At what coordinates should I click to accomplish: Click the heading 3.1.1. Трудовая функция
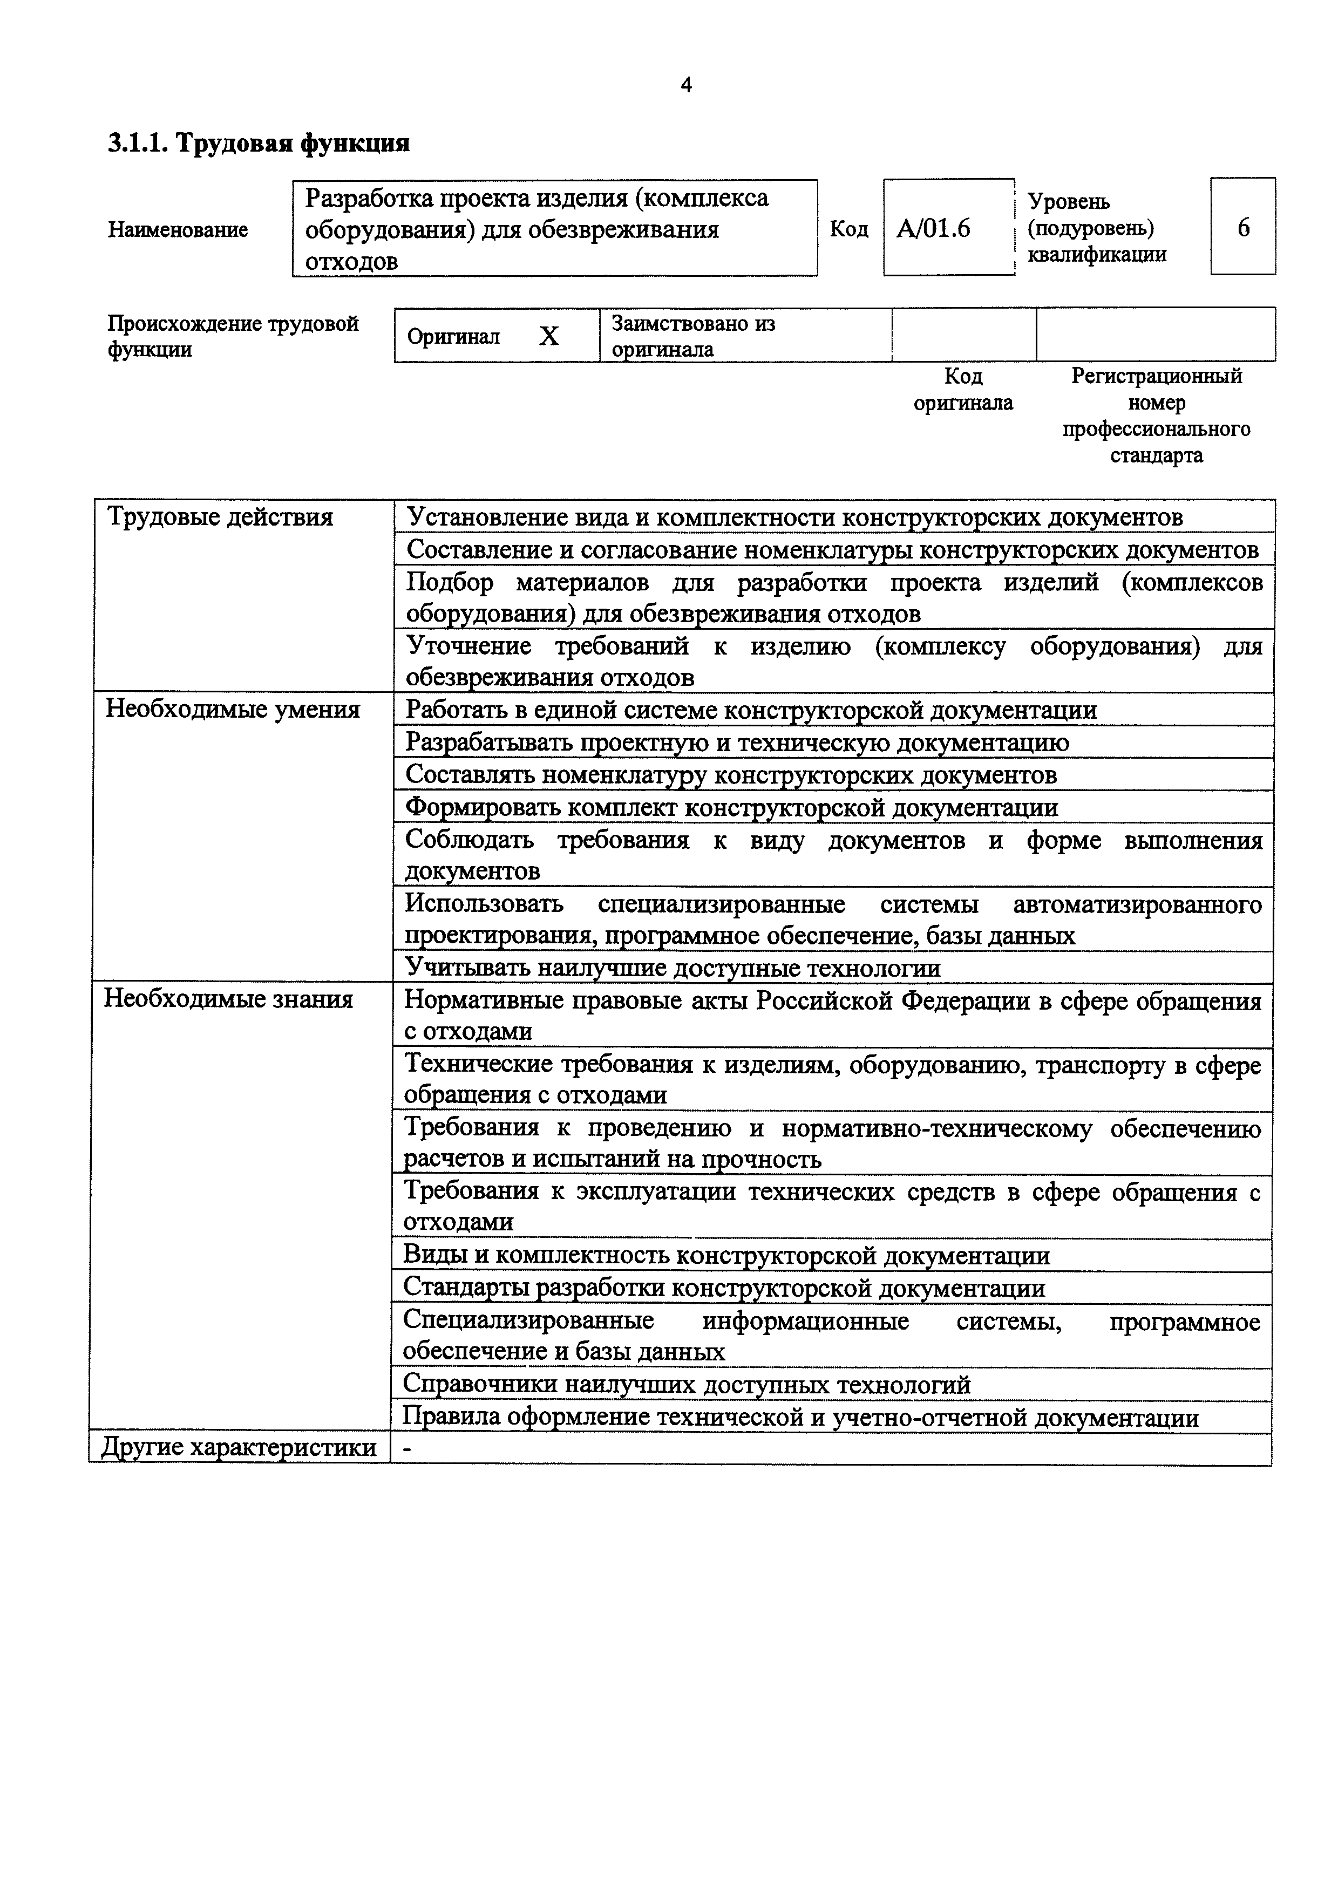(x=259, y=144)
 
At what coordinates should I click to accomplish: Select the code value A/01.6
(x=933, y=228)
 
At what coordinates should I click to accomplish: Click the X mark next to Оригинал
(x=549, y=336)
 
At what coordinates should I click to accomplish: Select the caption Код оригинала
(x=963, y=389)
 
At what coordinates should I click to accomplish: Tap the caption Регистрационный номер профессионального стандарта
(x=1156, y=416)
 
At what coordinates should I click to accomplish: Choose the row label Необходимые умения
(x=233, y=710)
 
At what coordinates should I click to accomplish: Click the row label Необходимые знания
(x=228, y=999)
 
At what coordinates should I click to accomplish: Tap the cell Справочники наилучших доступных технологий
(x=686, y=1384)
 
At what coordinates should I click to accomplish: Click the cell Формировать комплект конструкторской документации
(x=731, y=807)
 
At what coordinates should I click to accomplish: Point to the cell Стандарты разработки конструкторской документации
(x=724, y=1288)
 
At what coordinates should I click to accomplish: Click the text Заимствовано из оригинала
(x=692, y=336)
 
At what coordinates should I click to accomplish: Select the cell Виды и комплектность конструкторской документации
(x=726, y=1256)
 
